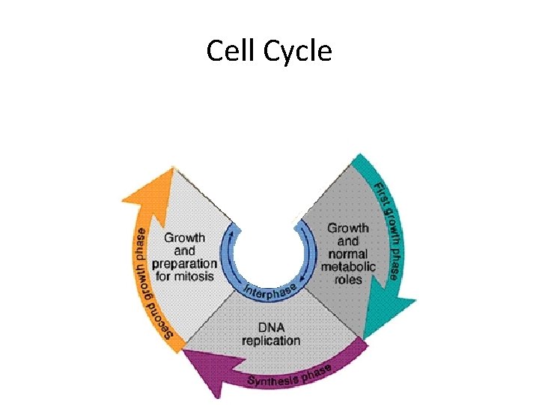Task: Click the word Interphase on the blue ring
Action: click(x=270, y=288)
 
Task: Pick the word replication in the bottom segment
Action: click(x=270, y=340)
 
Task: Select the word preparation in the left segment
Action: click(x=184, y=264)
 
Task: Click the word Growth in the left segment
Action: click(x=184, y=238)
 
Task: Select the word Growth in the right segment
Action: click(x=348, y=227)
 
